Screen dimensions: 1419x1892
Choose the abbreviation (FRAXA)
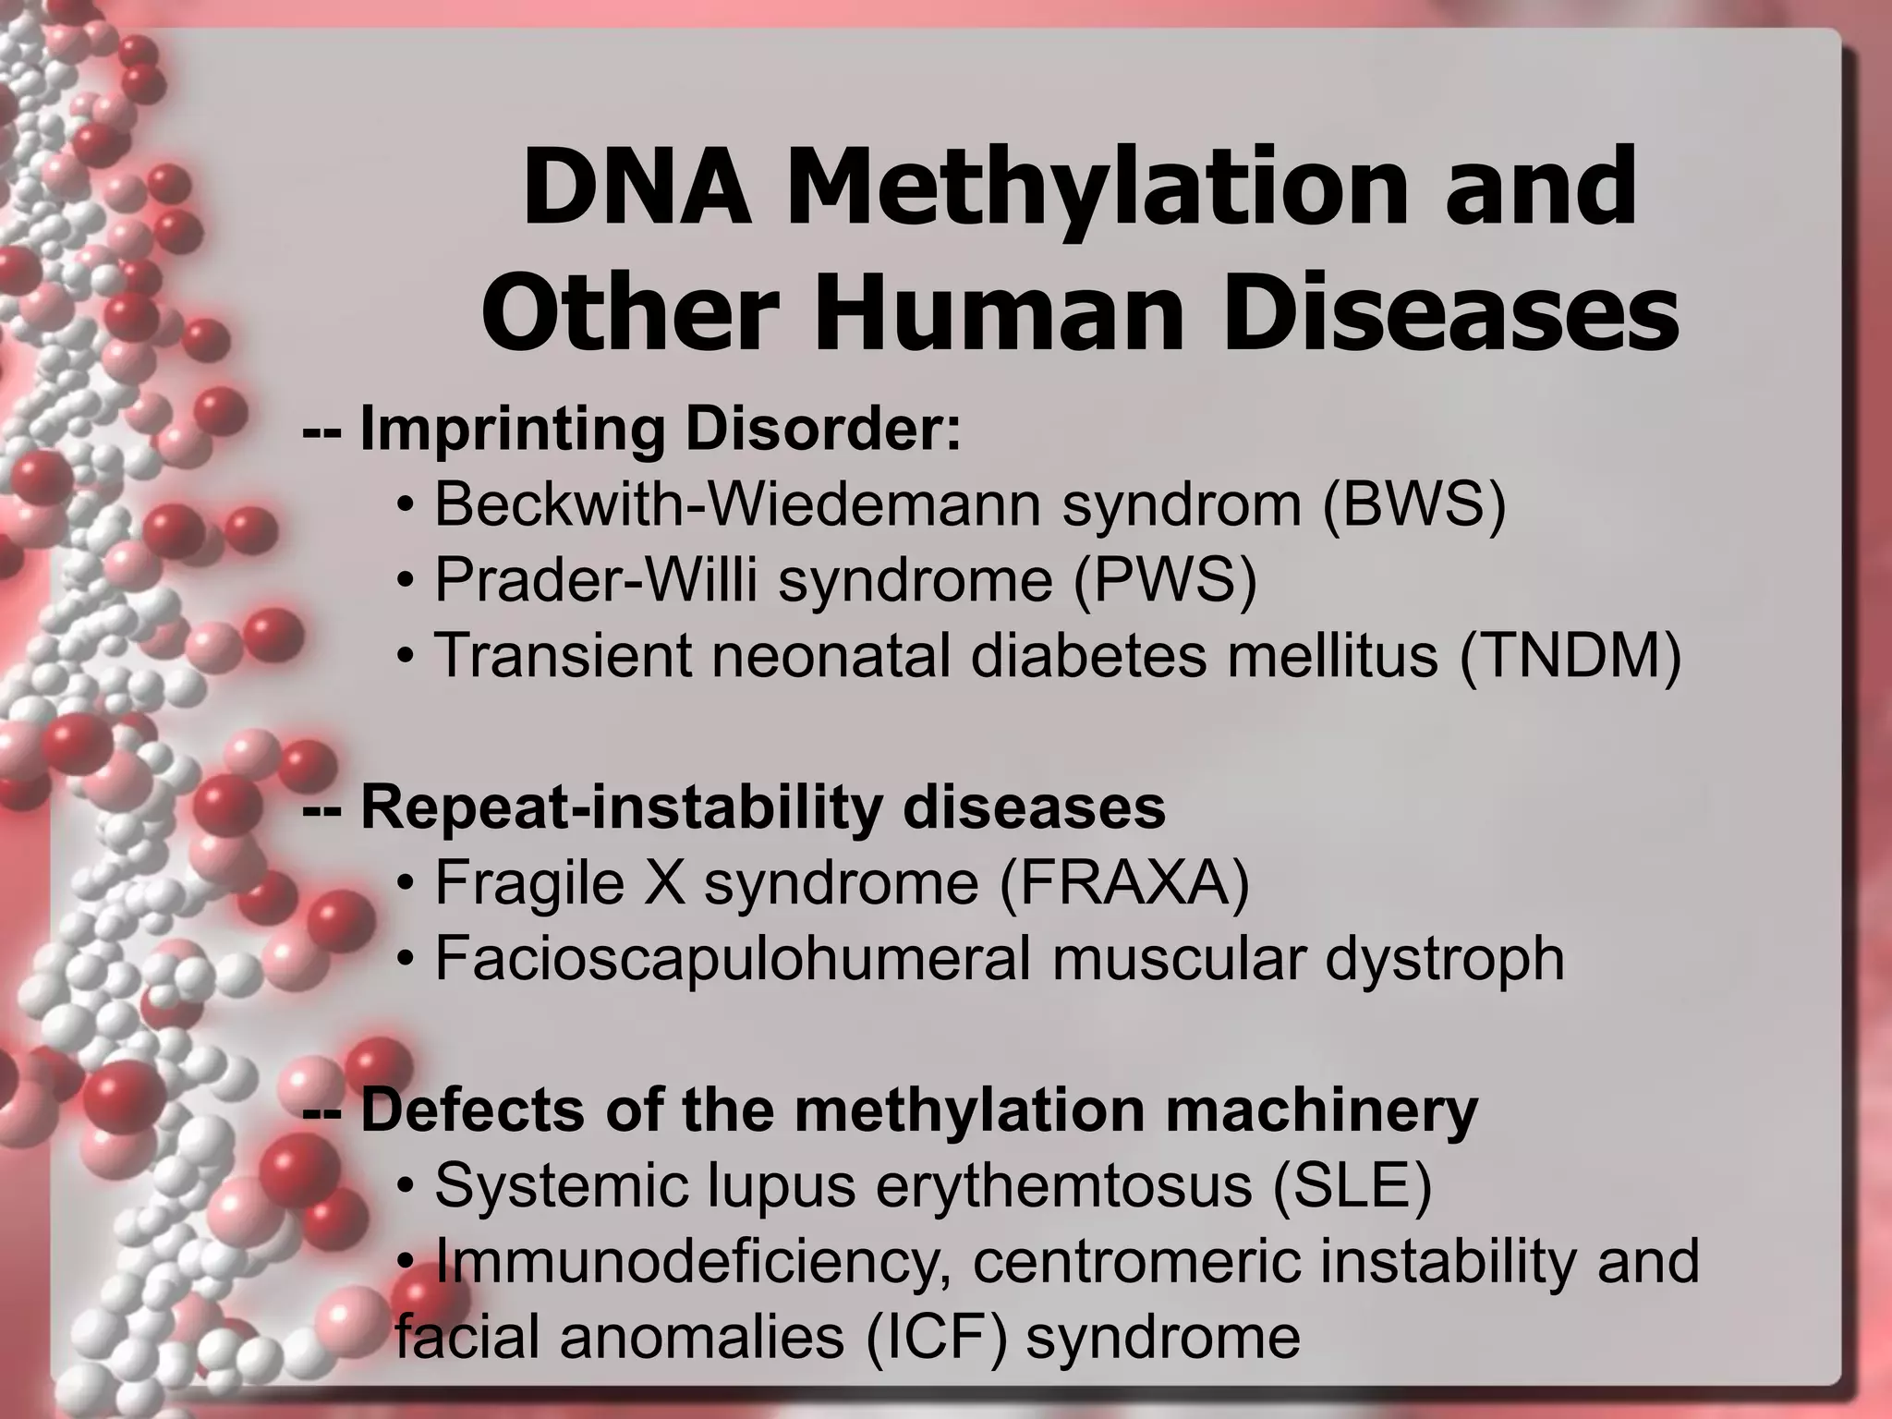click(x=1123, y=882)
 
